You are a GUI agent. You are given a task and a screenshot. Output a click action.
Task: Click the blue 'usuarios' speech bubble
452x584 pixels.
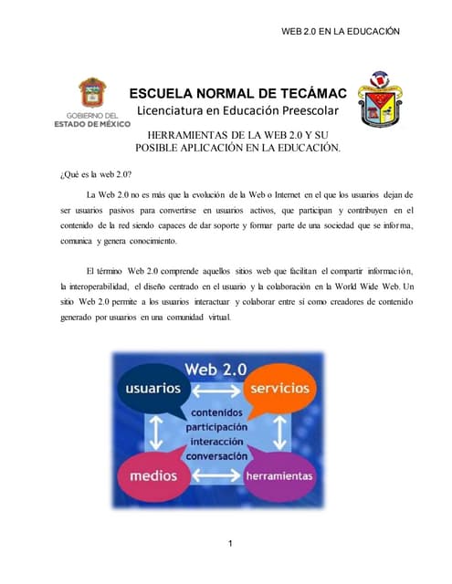tap(152, 388)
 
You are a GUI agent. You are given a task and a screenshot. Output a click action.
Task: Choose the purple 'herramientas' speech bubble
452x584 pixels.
tap(279, 476)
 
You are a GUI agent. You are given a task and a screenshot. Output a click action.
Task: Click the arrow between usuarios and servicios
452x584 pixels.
tap(216, 389)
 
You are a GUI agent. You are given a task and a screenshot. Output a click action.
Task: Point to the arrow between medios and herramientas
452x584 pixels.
tap(216, 475)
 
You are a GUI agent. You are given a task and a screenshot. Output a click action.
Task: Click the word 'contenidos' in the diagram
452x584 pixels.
tap(216, 412)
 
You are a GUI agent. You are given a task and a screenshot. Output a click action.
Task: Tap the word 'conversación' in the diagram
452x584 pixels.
tap(216, 455)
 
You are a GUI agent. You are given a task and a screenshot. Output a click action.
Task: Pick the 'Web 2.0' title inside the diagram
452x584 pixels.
tap(217, 369)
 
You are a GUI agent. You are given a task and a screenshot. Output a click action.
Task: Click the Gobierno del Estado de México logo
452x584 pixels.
tap(92, 101)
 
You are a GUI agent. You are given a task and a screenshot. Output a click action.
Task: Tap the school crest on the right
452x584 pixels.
tap(380, 99)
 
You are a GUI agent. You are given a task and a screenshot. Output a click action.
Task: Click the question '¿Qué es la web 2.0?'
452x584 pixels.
tap(96, 174)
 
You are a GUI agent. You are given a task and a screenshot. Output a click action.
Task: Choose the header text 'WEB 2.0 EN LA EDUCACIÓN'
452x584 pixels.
tap(340, 31)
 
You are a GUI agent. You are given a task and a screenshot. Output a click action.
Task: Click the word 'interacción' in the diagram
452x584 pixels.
tap(216, 441)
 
